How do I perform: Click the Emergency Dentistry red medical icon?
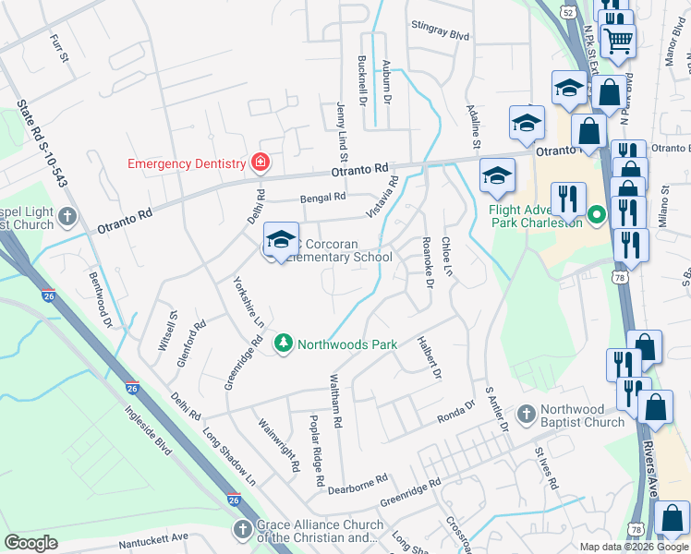pyautogui.click(x=261, y=163)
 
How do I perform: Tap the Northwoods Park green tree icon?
pyautogui.click(x=283, y=344)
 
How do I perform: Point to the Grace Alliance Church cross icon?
pyautogui.click(x=242, y=529)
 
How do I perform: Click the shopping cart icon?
pyautogui.click(x=617, y=39)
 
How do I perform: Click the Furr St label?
pyautogui.click(x=59, y=49)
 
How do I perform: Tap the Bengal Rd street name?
pyautogui.click(x=321, y=198)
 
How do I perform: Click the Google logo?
pyautogui.click(x=30, y=542)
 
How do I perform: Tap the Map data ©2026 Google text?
pyautogui.click(x=634, y=547)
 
